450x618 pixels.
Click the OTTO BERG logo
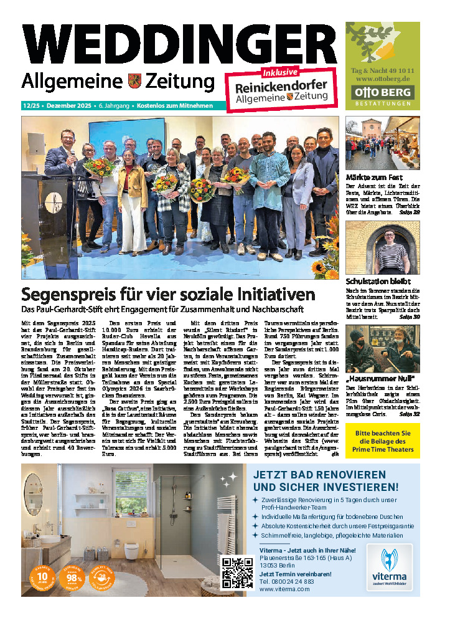[x=383, y=93]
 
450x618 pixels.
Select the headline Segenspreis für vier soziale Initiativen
[x=169, y=293]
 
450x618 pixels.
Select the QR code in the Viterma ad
[x=237, y=573]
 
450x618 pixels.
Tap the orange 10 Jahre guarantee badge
[x=42, y=575]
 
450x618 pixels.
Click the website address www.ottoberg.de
[x=383, y=79]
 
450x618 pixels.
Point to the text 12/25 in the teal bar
[x=30, y=106]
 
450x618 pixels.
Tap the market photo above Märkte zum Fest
[x=382, y=144]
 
